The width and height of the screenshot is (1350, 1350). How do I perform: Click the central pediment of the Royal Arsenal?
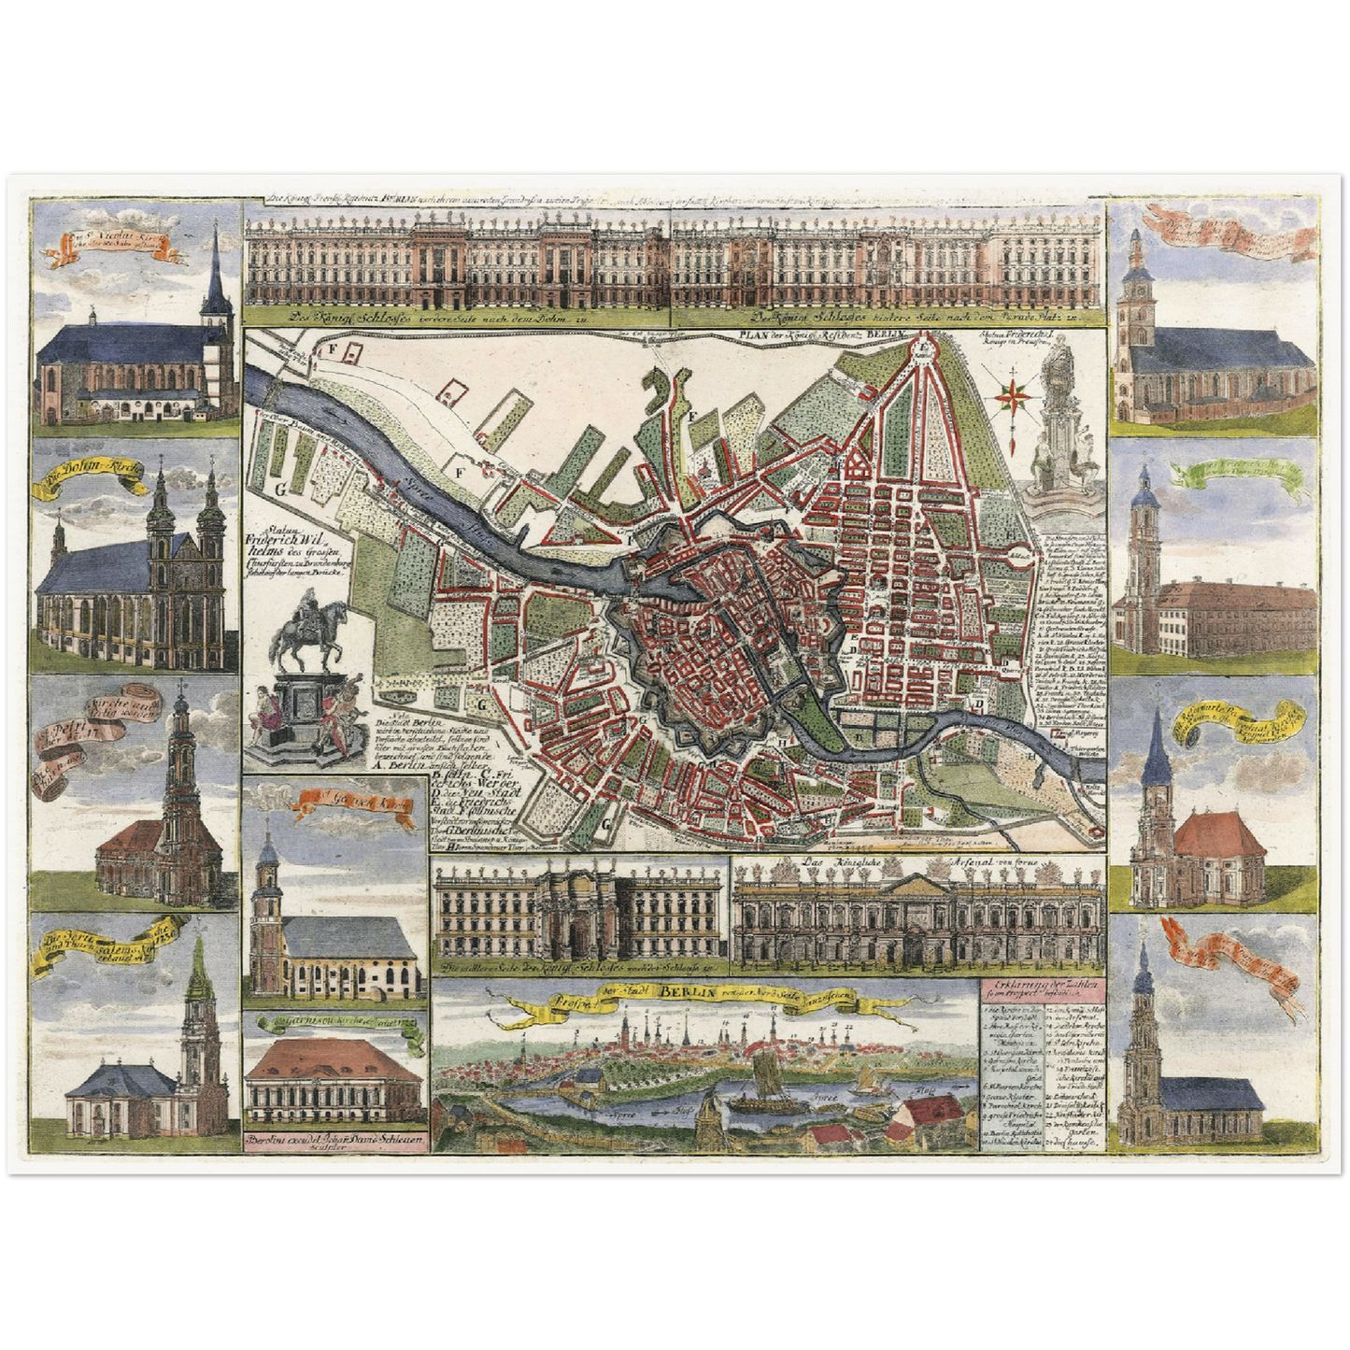919,885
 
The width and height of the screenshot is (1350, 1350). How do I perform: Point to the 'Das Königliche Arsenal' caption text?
917,862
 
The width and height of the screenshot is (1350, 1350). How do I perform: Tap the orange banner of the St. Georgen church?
356,798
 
